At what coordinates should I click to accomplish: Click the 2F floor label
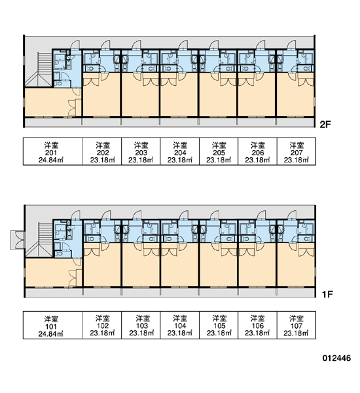(x=325, y=124)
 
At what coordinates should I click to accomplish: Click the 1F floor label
(x=327, y=294)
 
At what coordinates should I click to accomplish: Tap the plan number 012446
(x=336, y=358)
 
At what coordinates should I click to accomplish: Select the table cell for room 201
(x=53, y=151)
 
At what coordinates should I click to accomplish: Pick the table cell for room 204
(x=179, y=151)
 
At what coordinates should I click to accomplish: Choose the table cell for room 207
(x=296, y=151)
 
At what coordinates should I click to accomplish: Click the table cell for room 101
(x=53, y=325)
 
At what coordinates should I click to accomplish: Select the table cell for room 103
(x=141, y=325)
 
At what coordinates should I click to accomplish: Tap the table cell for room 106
(x=257, y=325)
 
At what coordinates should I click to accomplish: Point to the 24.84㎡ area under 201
(x=51, y=160)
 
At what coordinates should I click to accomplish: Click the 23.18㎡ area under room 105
(x=219, y=333)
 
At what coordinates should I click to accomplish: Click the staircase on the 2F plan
(x=39, y=69)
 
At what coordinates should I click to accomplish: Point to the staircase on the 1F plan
(x=39, y=240)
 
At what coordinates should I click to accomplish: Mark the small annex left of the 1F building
(x=18, y=240)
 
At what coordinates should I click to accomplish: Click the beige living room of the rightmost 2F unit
(x=295, y=94)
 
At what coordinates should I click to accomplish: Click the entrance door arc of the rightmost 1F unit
(x=292, y=215)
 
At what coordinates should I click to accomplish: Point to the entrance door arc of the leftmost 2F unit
(x=75, y=45)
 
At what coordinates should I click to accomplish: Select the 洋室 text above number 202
(x=103, y=145)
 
